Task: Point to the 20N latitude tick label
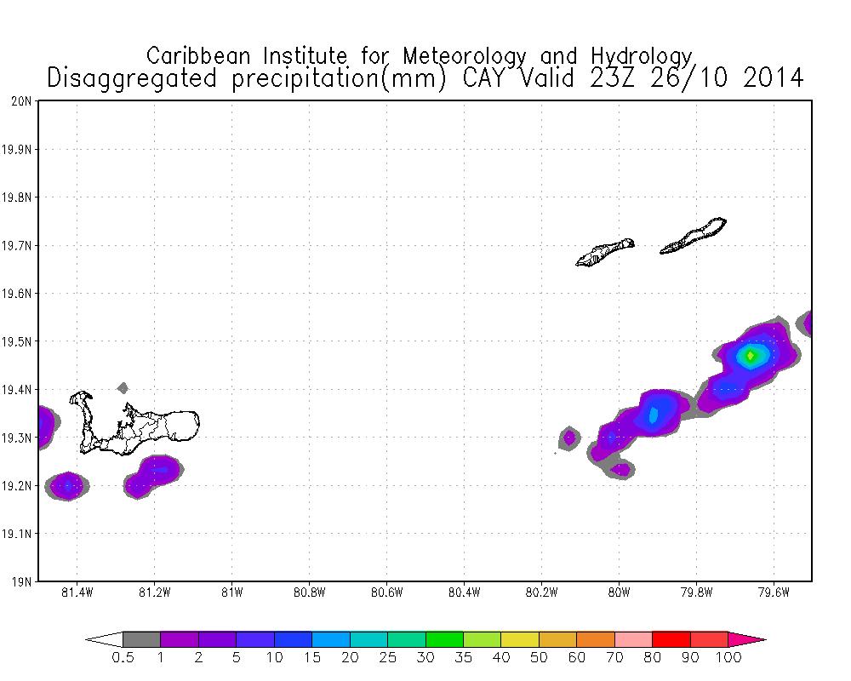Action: tap(22, 101)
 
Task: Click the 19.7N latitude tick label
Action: tap(19, 246)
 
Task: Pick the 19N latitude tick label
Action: tap(22, 582)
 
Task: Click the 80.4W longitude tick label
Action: tap(464, 592)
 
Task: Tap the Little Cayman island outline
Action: tap(604, 252)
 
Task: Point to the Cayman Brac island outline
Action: tap(694, 236)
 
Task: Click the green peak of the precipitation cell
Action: tap(750, 356)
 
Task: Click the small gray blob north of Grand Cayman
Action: tap(123, 387)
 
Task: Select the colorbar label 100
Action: tap(728, 658)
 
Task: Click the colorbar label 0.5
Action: tap(123, 658)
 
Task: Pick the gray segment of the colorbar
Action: tap(141, 639)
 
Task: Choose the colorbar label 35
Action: tap(464, 658)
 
